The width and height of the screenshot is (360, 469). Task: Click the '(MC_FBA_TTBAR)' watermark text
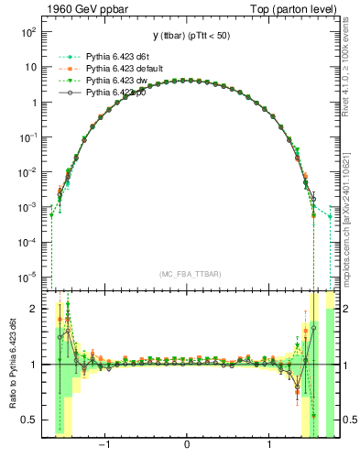click(x=187, y=275)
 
